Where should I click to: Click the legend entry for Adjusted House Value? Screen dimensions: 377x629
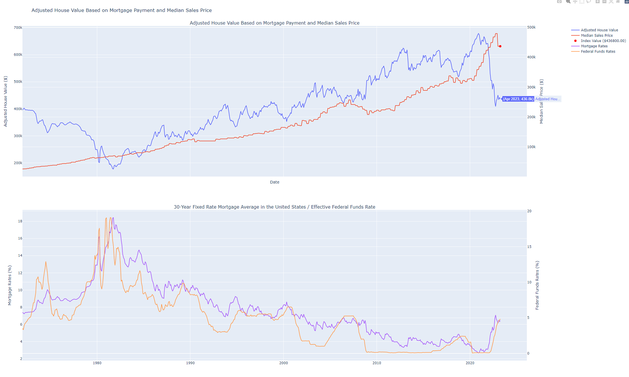(599, 30)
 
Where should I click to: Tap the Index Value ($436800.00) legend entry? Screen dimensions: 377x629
(603, 41)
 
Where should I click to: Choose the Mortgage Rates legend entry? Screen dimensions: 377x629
(594, 46)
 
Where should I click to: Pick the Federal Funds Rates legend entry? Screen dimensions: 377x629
(598, 51)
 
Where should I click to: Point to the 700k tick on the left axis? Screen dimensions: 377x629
(18, 28)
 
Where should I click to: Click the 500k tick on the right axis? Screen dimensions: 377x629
(531, 27)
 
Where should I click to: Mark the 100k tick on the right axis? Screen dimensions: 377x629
(531, 147)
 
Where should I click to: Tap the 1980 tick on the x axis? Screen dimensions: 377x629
(97, 363)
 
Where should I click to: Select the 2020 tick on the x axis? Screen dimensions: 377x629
(470, 363)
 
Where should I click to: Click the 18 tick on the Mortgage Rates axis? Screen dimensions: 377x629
(20, 221)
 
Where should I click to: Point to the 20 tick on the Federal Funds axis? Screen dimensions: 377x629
(529, 211)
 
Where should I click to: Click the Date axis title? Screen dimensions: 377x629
(275, 182)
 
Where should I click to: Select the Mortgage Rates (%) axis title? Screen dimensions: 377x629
(10, 285)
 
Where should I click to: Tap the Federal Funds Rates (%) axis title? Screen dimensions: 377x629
(537, 285)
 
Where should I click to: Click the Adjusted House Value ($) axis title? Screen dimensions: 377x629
(5, 101)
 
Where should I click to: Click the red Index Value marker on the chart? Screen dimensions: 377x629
(500, 46)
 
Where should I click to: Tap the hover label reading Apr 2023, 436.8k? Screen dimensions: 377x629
(518, 99)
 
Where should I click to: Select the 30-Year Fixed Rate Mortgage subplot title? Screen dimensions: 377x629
(275, 207)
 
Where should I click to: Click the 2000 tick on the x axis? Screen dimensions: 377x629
(284, 363)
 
